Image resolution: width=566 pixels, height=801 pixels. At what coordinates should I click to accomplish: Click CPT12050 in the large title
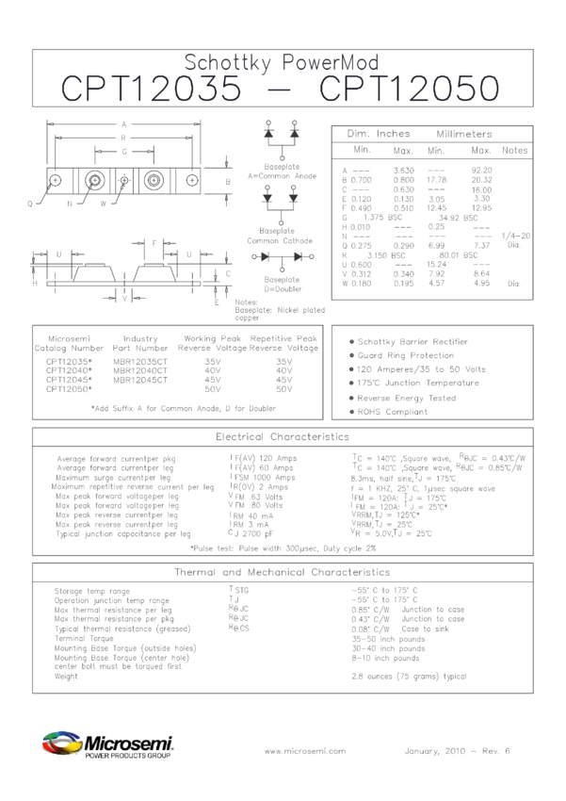click(x=410, y=90)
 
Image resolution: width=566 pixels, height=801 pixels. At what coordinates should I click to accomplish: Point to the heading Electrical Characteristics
click(x=283, y=437)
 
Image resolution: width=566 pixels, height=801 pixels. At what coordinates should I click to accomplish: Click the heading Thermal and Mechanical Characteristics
click(x=283, y=572)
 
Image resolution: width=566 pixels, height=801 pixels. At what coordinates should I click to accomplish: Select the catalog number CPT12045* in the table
click(x=69, y=379)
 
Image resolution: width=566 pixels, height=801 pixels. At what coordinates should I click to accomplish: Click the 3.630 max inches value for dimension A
click(x=402, y=170)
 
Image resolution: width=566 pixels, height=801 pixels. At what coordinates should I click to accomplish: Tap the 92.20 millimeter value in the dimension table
click(x=481, y=170)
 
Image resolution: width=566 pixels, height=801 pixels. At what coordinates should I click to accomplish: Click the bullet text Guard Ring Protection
click(x=405, y=355)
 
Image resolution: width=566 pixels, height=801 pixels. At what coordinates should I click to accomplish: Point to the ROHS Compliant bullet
click(x=393, y=412)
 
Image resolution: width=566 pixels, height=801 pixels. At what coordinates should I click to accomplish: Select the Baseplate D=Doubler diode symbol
click(x=282, y=256)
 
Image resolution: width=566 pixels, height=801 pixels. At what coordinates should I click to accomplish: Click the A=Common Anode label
click(x=282, y=175)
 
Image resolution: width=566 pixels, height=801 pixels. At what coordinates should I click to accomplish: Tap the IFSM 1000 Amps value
click(x=262, y=478)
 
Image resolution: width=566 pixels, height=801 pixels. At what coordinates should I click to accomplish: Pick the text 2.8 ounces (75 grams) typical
click(x=409, y=676)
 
